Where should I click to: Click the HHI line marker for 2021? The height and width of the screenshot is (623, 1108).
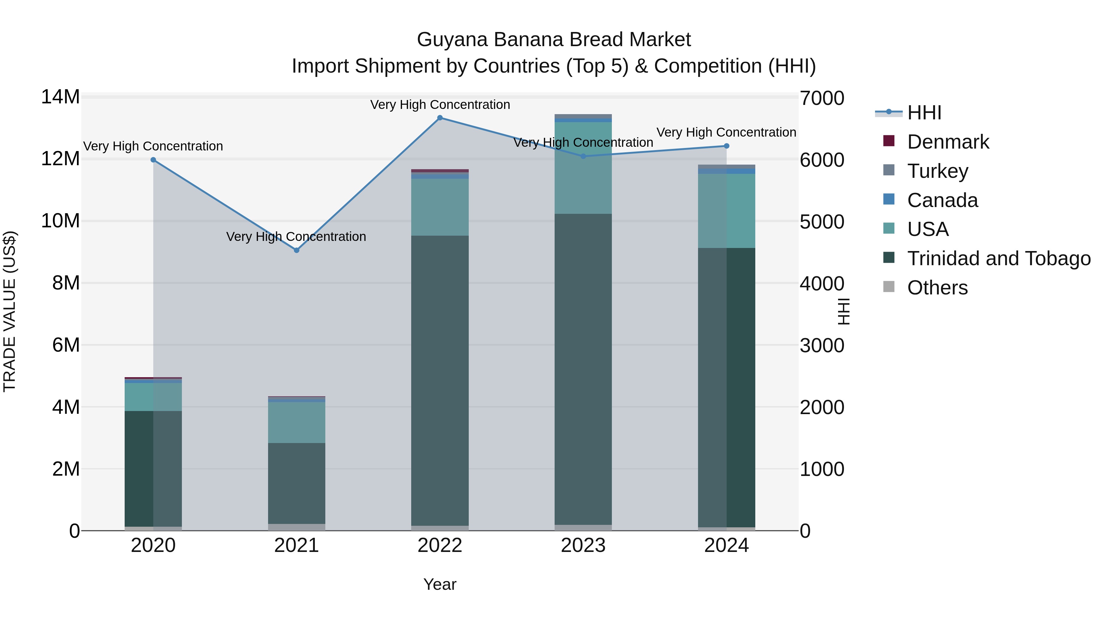(x=296, y=250)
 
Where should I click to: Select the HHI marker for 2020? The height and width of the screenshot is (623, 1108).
(x=153, y=160)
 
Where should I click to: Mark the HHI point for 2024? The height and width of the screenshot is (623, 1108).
(x=726, y=146)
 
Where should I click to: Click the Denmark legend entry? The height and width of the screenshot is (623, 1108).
(x=948, y=142)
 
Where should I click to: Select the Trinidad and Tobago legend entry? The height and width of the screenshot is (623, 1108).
(x=998, y=259)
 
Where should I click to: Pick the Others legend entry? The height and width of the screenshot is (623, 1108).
(x=937, y=288)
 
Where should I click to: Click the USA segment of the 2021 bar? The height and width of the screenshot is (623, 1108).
(x=296, y=422)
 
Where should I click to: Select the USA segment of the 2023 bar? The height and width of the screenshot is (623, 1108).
(x=583, y=168)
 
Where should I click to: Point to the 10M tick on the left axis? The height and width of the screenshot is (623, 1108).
(x=60, y=221)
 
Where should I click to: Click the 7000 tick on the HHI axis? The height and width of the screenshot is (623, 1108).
(x=821, y=98)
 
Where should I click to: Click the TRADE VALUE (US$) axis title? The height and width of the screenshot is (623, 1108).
(x=10, y=311)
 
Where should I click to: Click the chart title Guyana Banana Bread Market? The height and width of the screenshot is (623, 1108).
(x=554, y=40)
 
